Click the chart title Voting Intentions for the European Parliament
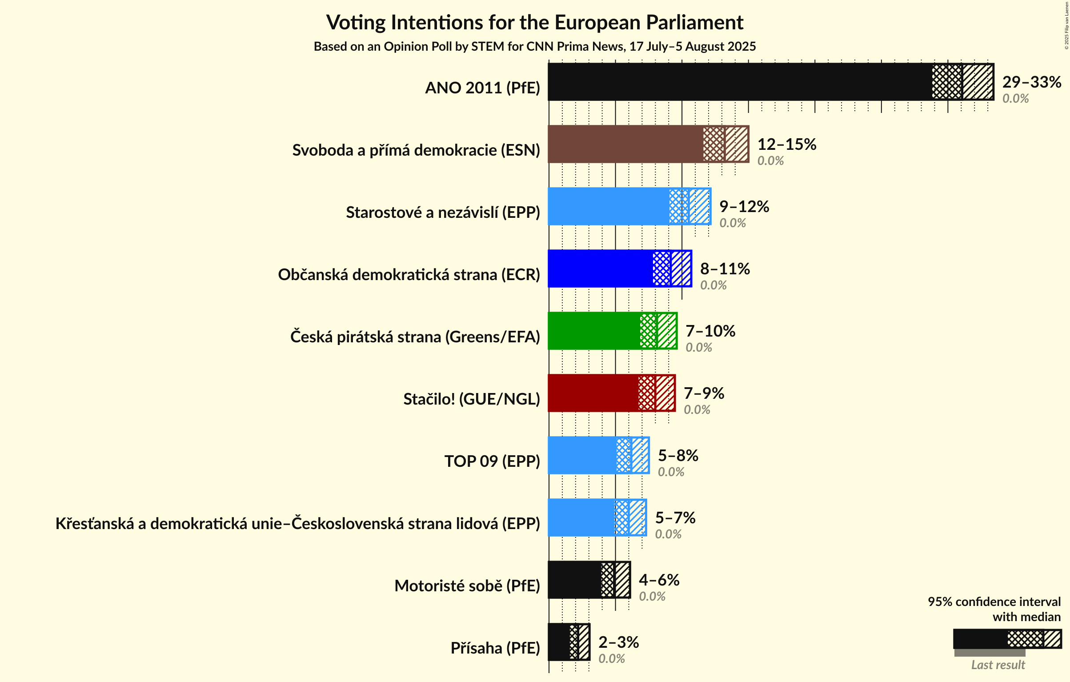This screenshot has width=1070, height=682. pos(534,22)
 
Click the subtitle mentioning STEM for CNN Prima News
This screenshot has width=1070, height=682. pos(534,46)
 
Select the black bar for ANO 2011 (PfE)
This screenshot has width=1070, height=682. pos(738,82)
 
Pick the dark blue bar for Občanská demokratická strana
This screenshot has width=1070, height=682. pos(600,269)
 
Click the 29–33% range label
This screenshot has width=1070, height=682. pos(1031,82)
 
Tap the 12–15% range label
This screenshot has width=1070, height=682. pos(786,144)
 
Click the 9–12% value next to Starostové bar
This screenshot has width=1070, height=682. pos(744,206)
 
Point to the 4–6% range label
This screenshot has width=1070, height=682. pos(659,580)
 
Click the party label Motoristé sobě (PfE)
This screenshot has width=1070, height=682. pos(467,586)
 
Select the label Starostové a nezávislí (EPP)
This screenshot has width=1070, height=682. pos(443,212)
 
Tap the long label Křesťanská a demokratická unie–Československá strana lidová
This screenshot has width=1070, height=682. pos(297,523)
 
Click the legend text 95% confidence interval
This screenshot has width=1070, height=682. pos(994,602)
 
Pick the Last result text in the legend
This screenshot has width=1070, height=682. pos(998,665)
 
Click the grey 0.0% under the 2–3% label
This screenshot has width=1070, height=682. pos(611,658)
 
